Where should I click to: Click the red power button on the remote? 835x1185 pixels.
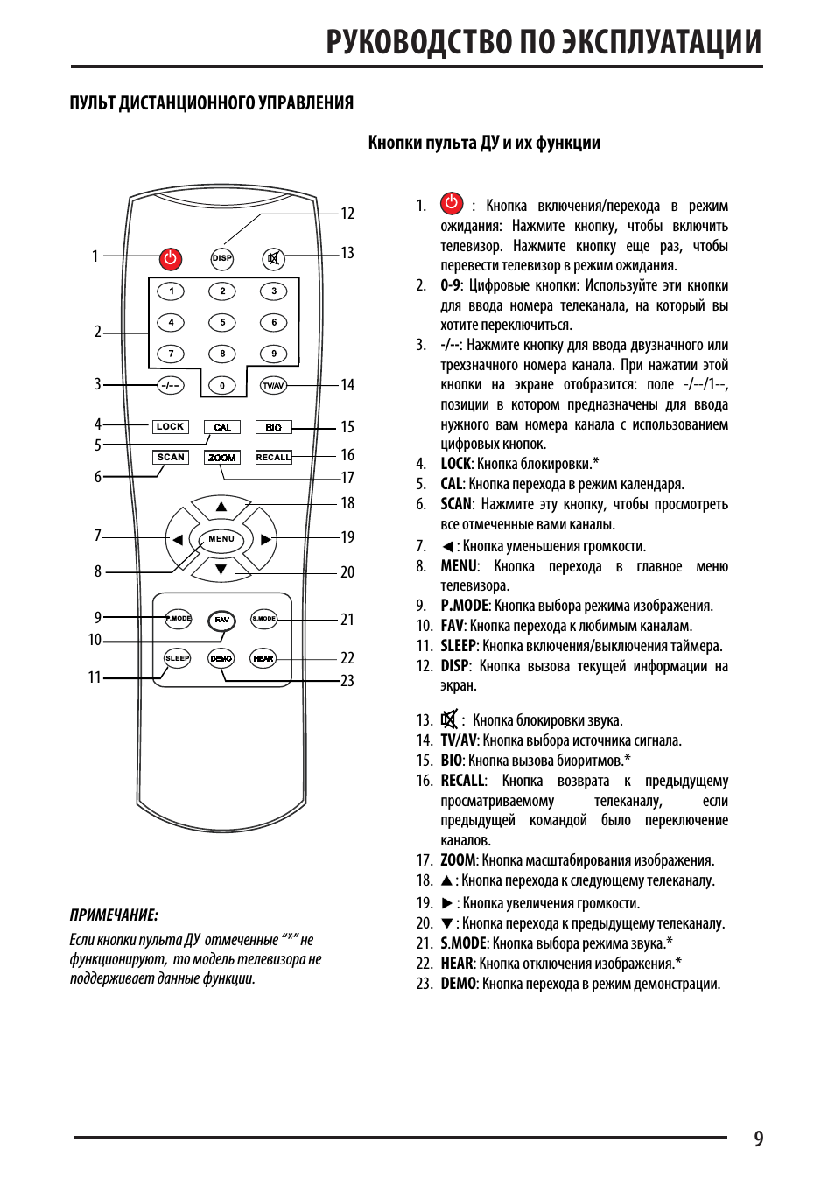(170, 258)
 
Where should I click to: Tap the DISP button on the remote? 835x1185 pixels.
(222, 258)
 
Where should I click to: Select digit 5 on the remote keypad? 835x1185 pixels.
(222, 323)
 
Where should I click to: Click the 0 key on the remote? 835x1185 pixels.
(222, 385)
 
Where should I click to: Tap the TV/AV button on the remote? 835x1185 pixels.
(273, 385)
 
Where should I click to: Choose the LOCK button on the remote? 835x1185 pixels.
(170, 427)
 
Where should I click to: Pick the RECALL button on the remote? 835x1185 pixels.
(273, 458)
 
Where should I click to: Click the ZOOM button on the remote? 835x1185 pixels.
(222, 458)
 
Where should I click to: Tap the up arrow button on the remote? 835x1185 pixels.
(221, 508)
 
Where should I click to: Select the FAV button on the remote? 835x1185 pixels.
(222, 620)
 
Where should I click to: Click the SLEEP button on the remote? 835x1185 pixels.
(177, 658)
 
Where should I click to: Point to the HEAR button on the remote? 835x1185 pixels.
(263, 658)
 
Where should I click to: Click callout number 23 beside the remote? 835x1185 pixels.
(347, 681)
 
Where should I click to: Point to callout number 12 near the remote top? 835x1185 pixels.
(347, 214)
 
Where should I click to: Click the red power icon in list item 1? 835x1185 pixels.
(452, 205)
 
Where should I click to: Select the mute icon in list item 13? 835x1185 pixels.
(449, 719)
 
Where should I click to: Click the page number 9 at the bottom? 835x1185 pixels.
(758, 1139)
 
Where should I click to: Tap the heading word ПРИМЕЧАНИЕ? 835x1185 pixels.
(114, 915)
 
